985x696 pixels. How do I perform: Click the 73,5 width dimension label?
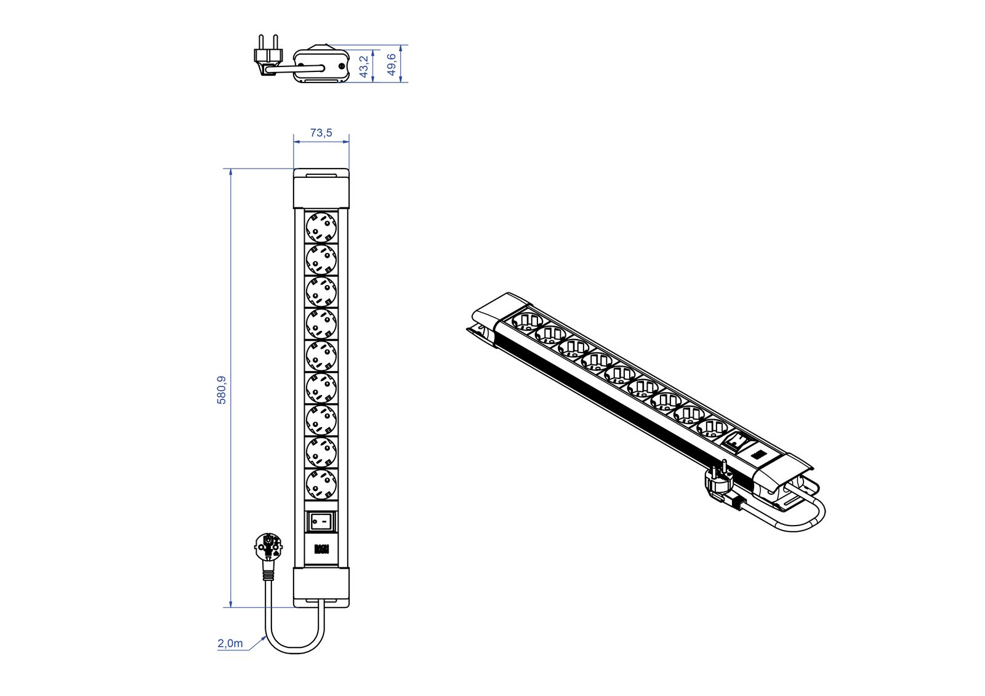[x=321, y=132]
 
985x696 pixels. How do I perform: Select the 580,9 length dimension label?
[x=222, y=390]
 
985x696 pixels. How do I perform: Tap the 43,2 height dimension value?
[x=364, y=66]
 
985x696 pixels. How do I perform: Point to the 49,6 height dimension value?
[x=392, y=64]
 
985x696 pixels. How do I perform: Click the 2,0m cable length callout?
[x=230, y=644]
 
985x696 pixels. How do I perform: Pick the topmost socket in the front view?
[x=321, y=226]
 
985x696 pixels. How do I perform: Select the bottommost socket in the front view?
[x=321, y=484]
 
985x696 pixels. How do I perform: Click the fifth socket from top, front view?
[x=321, y=356]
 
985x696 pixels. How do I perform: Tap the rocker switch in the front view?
[x=321, y=522]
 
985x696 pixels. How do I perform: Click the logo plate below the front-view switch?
[x=321, y=549]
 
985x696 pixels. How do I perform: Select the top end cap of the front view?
[x=321, y=188]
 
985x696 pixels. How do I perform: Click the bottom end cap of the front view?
[x=321, y=586]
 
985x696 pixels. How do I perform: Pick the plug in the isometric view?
[x=718, y=483]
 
